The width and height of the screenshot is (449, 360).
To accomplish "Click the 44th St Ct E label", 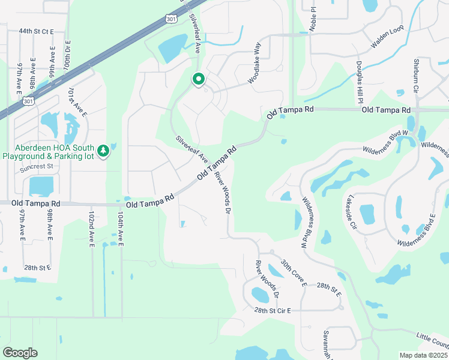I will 36,31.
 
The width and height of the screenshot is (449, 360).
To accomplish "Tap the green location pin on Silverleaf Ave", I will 198,79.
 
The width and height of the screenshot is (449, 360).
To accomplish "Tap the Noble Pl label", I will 312,13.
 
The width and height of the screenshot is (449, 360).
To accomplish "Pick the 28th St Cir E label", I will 272,310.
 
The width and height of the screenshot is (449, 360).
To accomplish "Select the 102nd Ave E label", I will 92,228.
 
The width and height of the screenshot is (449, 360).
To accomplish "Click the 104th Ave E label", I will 121,228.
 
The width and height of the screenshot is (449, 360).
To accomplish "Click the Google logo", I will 20,353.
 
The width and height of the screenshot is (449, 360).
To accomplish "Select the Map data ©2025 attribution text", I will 423,355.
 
